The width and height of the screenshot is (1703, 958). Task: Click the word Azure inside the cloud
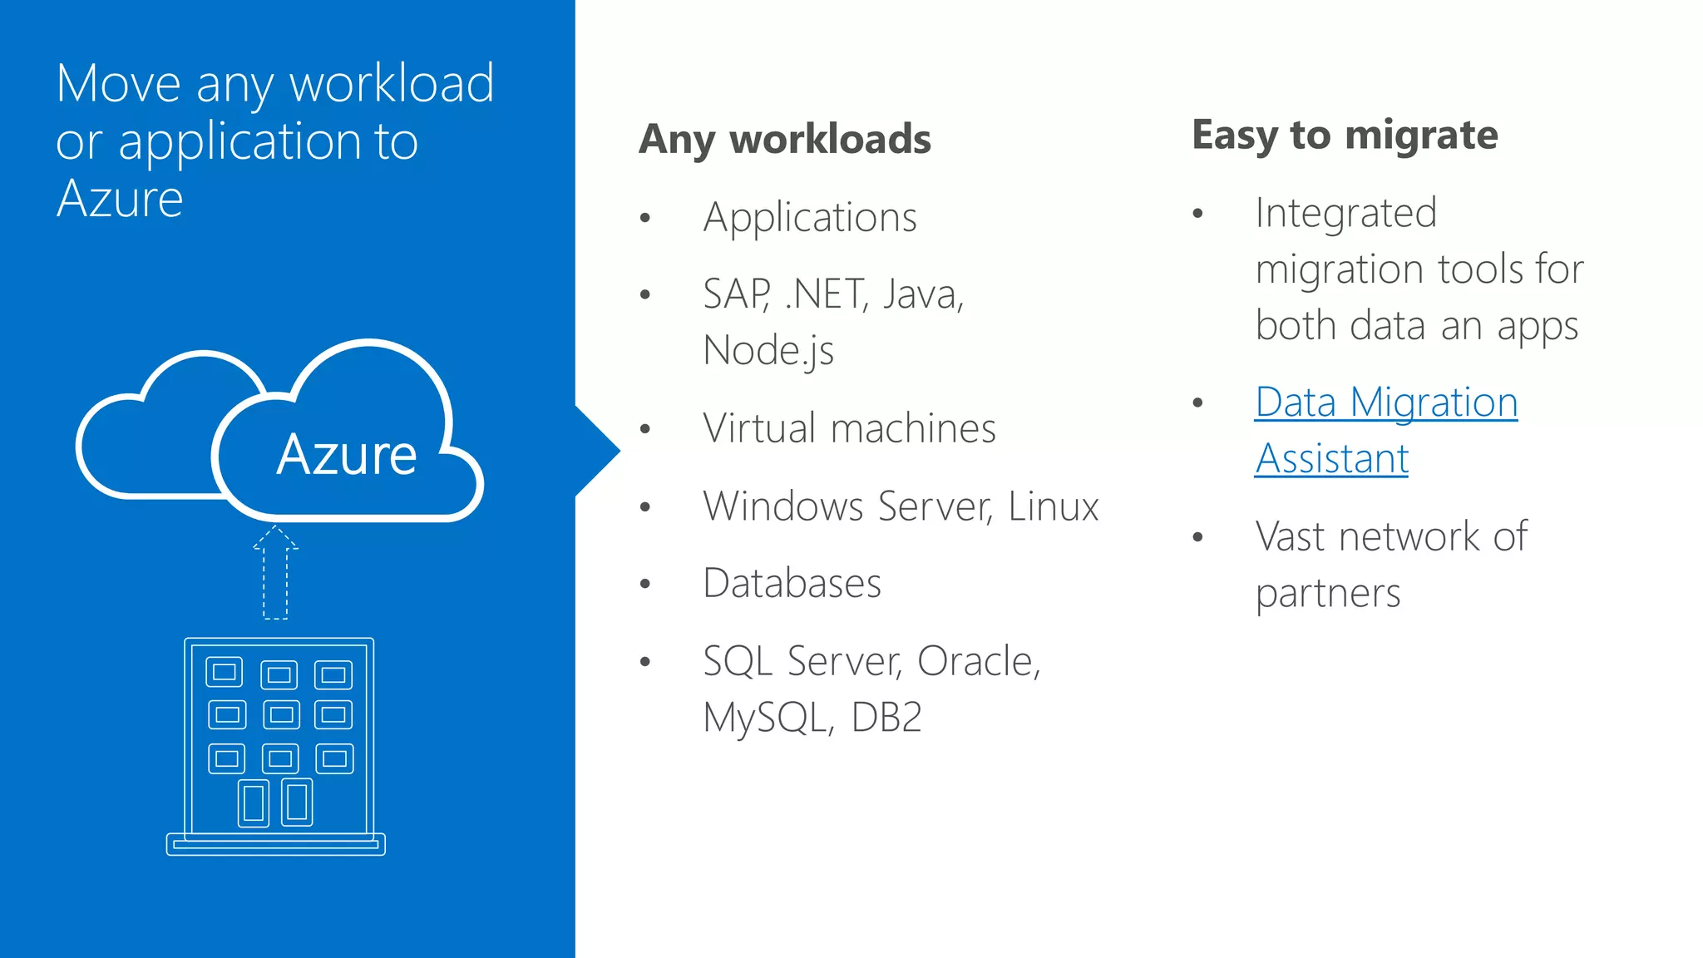(346, 455)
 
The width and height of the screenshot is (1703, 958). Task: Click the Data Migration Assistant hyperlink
(1385, 430)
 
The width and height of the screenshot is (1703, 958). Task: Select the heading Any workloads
(784, 139)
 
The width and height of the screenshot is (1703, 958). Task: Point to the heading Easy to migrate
(1344, 135)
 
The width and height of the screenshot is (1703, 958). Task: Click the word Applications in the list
(809, 218)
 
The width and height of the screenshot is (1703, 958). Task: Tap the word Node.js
(768, 350)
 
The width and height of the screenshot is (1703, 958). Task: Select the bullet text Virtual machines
(848, 428)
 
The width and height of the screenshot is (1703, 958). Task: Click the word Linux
(1053, 506)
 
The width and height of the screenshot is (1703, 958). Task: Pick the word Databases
(792, 583)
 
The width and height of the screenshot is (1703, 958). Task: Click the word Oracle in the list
(978, 661)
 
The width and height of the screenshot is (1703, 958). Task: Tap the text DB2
(886, 717)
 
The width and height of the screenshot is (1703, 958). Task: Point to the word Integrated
(1345, 213)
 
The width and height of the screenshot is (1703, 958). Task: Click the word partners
(1327, 594)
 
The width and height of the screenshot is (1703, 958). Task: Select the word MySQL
(765, 718)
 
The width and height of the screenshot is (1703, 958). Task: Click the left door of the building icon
(254, 803)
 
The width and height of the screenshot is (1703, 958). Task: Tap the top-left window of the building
(225, 672)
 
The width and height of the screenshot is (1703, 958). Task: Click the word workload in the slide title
(391, 83)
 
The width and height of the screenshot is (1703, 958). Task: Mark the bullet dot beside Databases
(645, 584)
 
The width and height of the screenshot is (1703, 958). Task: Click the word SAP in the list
(736, 294)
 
